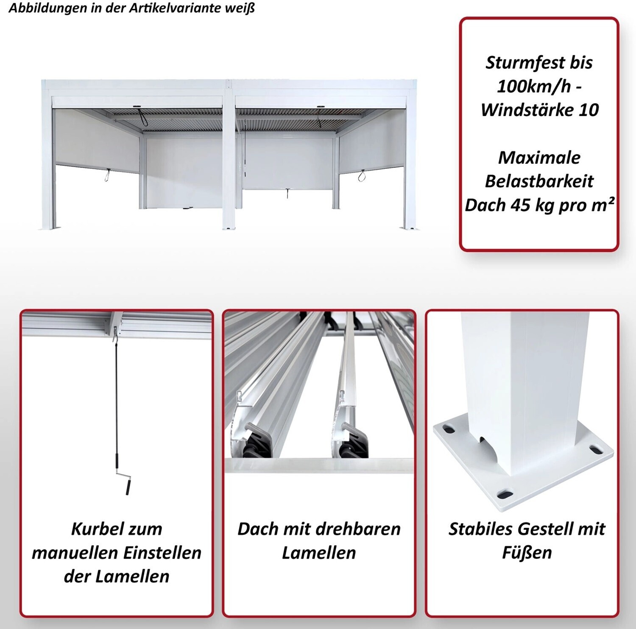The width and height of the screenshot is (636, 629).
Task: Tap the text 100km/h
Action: [534, 86]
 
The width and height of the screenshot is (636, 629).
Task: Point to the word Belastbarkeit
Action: [539, 181]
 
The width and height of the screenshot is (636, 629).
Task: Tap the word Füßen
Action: [527, 553]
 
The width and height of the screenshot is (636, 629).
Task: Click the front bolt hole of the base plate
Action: [506, 494]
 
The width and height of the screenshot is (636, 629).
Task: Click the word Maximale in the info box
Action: [539, 158]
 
